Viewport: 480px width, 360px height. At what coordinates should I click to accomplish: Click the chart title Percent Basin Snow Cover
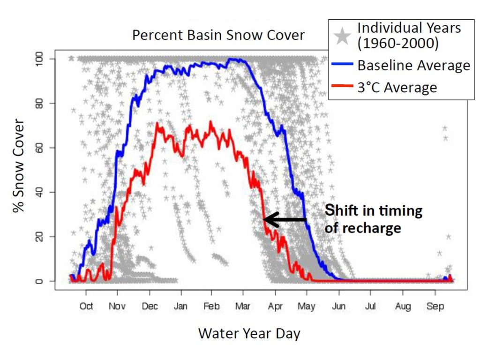[218, 36]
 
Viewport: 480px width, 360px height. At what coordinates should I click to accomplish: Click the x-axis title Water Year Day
[249, 334]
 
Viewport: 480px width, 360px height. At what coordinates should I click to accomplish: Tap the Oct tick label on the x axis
[86, 307]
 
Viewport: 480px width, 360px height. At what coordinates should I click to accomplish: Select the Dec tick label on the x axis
[150, 307]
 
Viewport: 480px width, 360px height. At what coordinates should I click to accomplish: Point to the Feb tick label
[211, 307]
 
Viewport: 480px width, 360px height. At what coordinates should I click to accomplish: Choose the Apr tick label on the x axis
[275, 307]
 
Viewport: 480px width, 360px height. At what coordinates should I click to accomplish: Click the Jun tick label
[338, 307]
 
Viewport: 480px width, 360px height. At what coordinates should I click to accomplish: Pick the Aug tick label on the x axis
[403, 307]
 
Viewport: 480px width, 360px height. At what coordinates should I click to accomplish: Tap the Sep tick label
[435, 307]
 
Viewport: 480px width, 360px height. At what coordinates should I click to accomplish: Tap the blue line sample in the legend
[343, 65]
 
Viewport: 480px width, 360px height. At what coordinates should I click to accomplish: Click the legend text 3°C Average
[397, 88]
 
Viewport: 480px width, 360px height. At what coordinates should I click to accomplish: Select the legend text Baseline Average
[413, 65]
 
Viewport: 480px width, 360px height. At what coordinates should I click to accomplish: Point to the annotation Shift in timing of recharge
[373, 219]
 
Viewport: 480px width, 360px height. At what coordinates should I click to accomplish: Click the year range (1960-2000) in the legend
[398, 44]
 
